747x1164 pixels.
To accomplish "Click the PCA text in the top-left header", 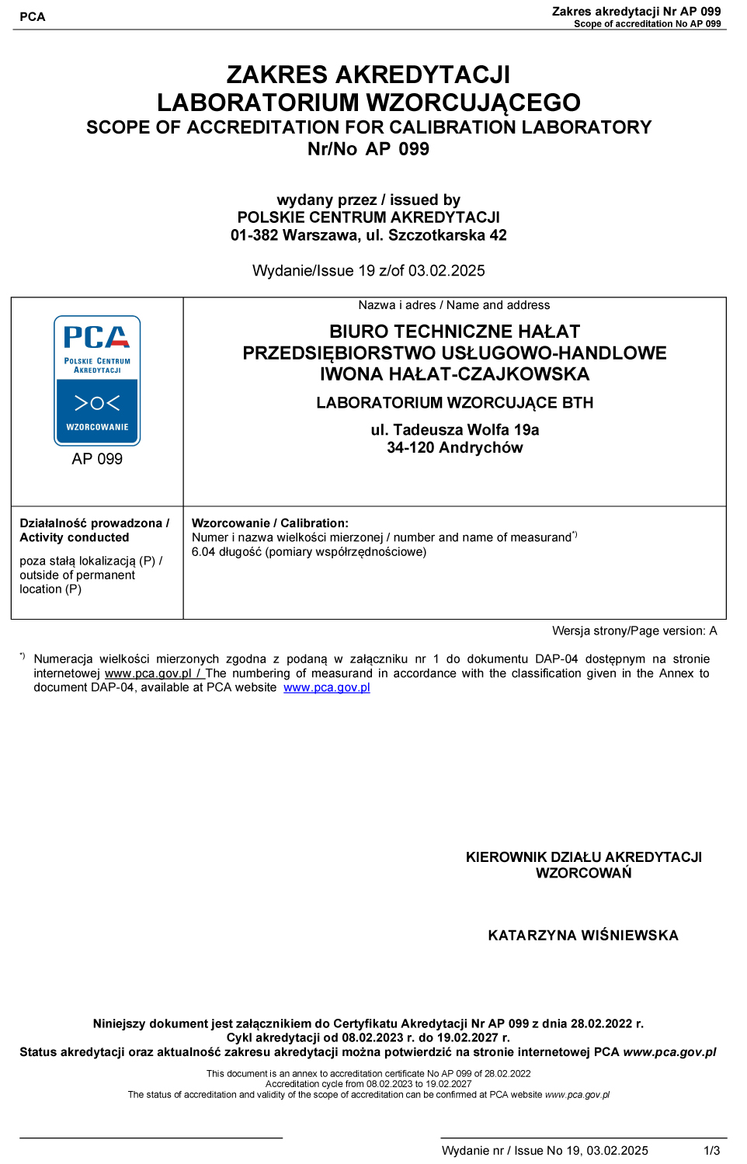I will click(33, 17).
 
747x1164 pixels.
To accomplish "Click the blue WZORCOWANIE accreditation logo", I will click(97, 380).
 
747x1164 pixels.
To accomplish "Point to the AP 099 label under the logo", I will click(97, 459).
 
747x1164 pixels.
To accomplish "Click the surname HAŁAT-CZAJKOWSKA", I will click(488, 374).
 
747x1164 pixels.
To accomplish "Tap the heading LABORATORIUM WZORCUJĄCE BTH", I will click(454, 403).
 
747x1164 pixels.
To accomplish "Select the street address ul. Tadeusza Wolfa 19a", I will click(454, 430).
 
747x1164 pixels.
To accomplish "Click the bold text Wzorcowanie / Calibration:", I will click(270, 523).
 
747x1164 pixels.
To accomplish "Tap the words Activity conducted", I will click(75, 537).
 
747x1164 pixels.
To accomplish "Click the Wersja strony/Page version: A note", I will click(634, 631).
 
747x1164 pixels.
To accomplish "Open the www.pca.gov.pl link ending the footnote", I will click(327, 688).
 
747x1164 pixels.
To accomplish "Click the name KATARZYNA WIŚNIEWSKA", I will click(583, 936).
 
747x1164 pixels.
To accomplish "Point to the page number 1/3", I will click(711, 1151).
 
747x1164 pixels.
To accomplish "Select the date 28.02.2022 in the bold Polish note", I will click(602, 1024).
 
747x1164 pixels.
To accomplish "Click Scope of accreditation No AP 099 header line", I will click(647, 24).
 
